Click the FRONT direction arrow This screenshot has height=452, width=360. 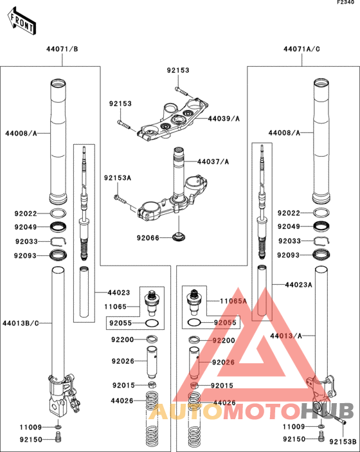[22, 22]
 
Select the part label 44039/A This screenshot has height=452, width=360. [224, 118]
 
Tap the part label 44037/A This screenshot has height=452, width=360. [213, 162]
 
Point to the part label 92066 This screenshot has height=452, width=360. [148, 238]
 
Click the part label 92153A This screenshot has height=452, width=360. [118, 178]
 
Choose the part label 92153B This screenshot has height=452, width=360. [343, 442]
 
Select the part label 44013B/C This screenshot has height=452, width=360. [21, 323]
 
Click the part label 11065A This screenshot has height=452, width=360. [233, 302]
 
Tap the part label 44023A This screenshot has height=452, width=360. [298, 285]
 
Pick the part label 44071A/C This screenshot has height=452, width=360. [301, 49]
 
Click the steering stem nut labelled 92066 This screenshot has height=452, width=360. [179, 237]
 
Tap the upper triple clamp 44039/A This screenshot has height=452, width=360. [173, 120]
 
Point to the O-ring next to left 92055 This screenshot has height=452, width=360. [152, 323]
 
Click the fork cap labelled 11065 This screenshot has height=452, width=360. [150, 303]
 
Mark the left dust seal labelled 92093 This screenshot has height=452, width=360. [59, 255]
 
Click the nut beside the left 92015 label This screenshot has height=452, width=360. [152, 384]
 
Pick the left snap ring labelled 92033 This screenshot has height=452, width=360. [59, 241]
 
